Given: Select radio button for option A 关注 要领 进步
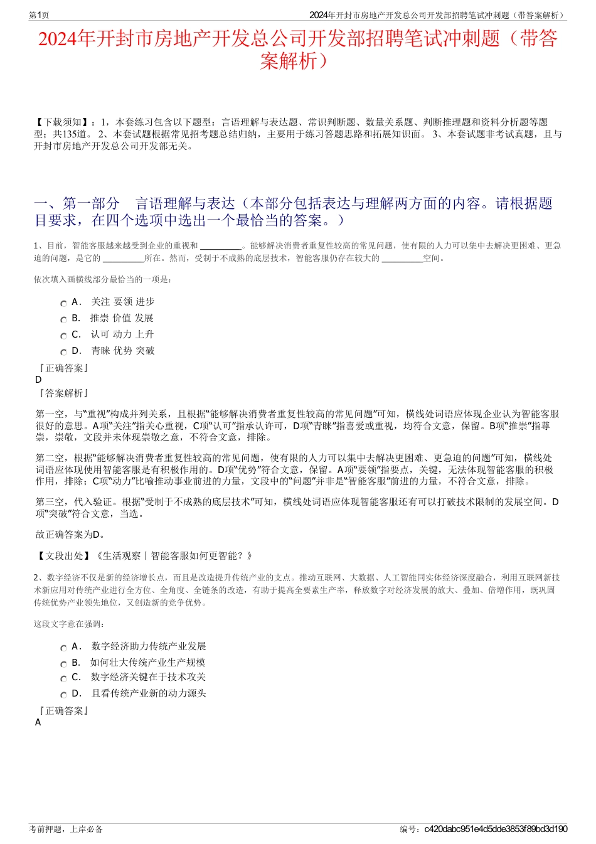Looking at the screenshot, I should pos(63,303).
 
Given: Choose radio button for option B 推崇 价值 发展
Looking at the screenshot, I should pos(63,319).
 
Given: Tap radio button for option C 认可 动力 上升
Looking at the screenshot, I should pos(63,336).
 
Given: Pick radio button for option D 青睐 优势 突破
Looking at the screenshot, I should pos(63,352).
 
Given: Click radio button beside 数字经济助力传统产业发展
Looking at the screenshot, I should pos(63,648).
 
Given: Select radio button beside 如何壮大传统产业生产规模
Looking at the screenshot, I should pos(63,664).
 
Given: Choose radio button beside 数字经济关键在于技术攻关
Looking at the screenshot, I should pos(63,678).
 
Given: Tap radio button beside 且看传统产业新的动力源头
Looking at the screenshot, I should pos(63,695).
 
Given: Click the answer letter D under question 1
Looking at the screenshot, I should pos(38,380).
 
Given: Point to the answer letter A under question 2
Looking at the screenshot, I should pos(38,722).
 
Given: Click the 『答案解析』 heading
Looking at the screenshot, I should pos(63,393).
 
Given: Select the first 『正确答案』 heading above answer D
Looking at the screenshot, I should pos(63,368).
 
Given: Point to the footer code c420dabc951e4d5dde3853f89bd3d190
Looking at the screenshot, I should pos(496,829).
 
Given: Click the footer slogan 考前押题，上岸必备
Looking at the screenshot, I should pos(66,829).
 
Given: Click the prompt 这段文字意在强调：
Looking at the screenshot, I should pos(70,624).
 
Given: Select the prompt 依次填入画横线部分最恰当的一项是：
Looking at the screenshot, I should pos(103,279).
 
